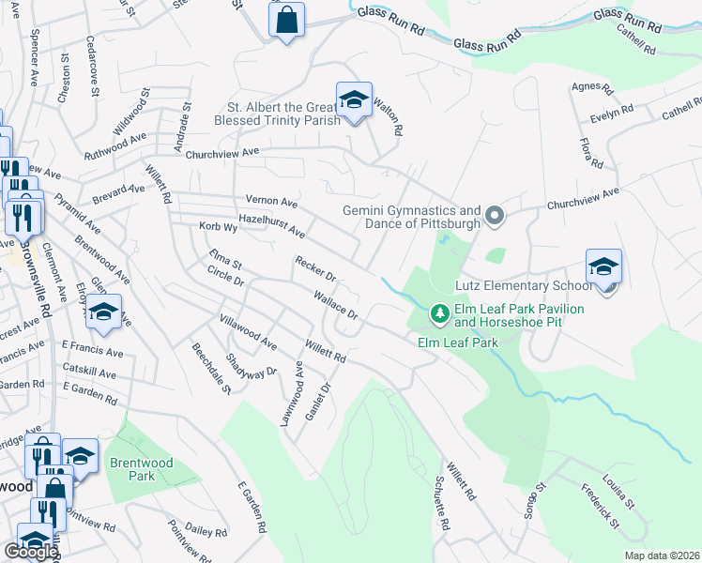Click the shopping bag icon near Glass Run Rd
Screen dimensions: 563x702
click(x=286, y=20)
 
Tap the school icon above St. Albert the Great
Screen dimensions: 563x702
click(x=353, y=99)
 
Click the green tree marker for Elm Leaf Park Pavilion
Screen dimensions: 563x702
click(x=437, y=312)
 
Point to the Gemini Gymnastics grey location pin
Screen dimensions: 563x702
click(x=496, y=218)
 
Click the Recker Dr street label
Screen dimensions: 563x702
click(x=315, y=270)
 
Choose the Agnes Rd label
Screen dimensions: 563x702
click(x=591, y=89)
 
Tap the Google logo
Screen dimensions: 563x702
click(x=30, y=552)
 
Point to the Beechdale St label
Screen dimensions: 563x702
click(x=211, y=361)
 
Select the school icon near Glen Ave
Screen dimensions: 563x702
click(x=104, y=314)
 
